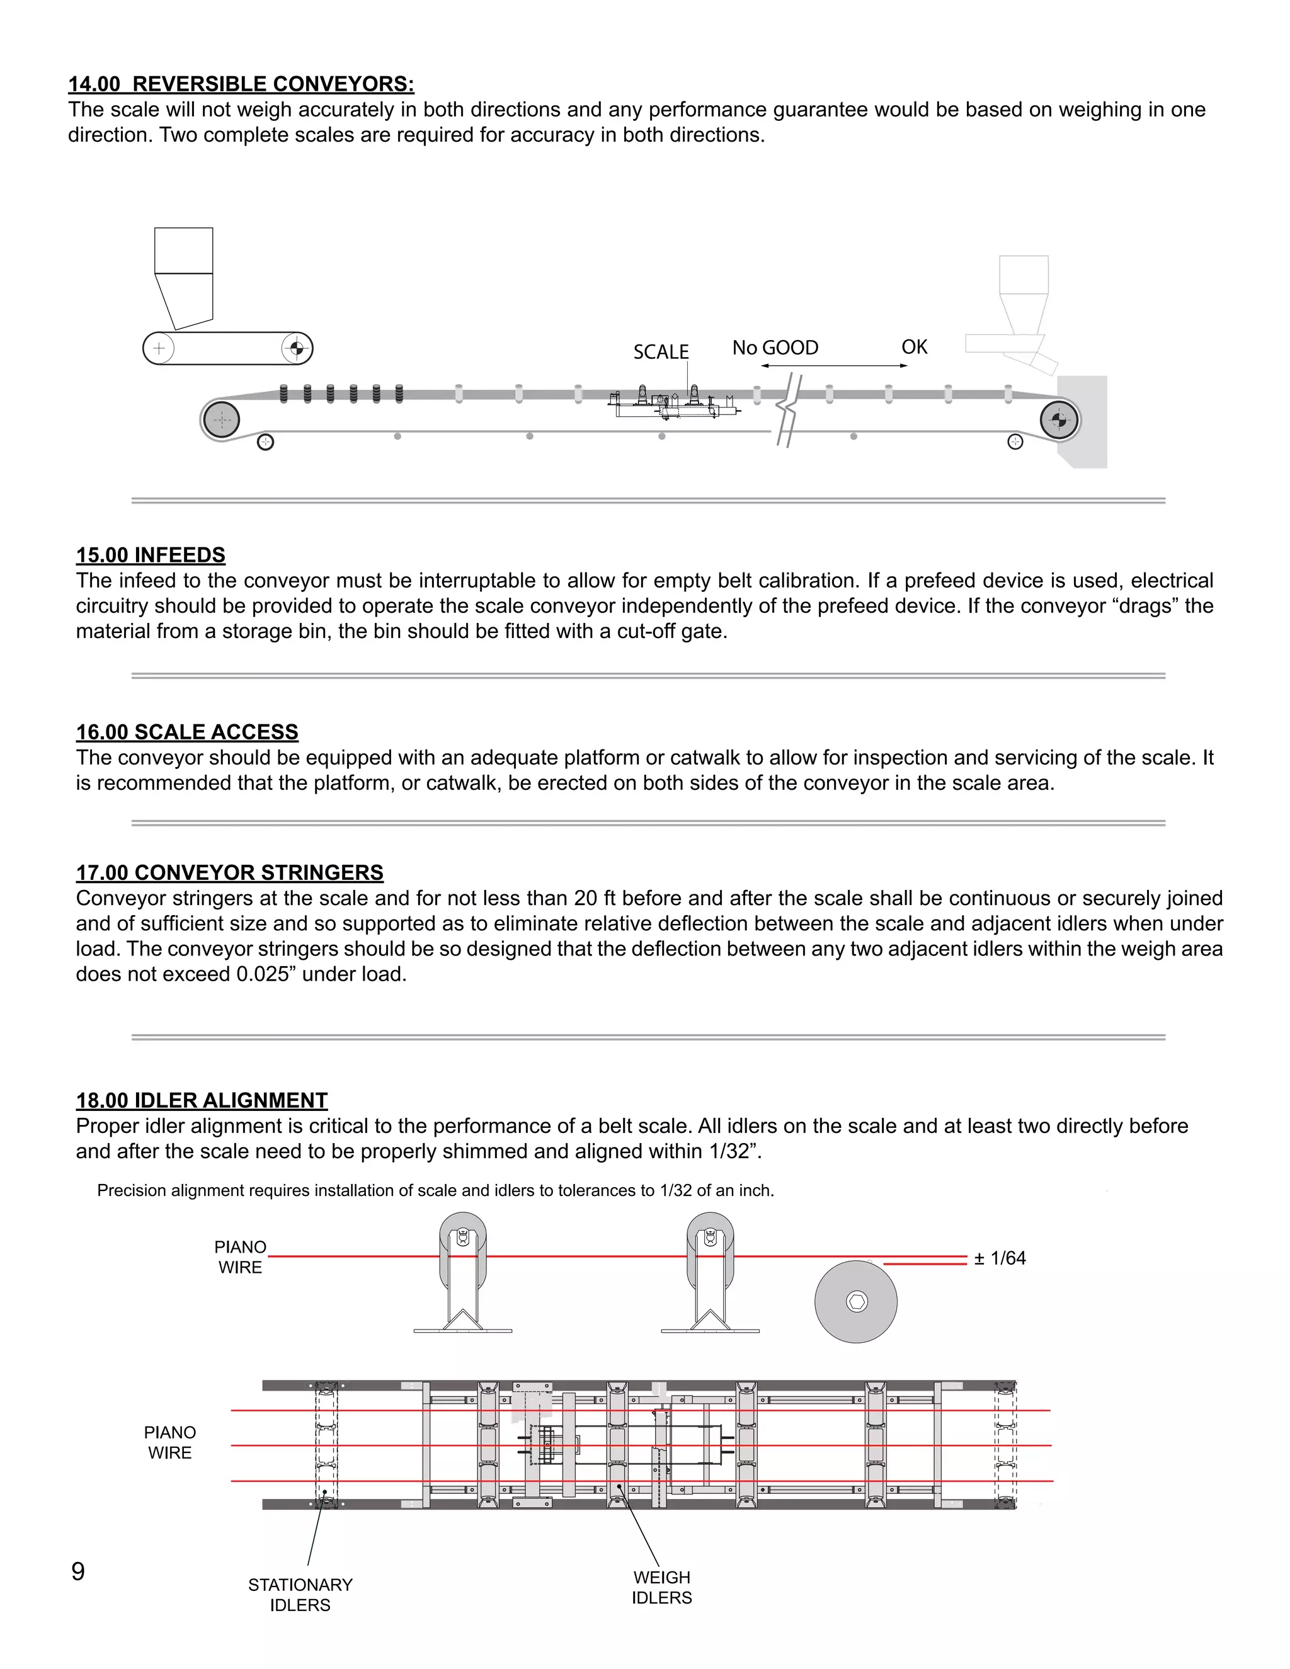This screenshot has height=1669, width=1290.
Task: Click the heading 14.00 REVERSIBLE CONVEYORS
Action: [241, 84]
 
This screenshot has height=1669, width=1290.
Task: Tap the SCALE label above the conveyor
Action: [660, 351]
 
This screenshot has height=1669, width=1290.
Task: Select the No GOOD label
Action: [774, 348]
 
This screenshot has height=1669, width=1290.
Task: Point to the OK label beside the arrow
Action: [914, 347]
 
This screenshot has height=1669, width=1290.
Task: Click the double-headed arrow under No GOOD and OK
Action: [834, 366]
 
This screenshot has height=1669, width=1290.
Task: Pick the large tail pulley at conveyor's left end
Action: [221, 419]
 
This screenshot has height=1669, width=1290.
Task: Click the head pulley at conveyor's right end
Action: [1058, 419]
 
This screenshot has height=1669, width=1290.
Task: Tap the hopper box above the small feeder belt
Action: [183, 251]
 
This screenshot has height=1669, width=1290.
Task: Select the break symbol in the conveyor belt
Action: [789, 411]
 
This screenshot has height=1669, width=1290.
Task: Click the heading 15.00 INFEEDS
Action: [151, 555]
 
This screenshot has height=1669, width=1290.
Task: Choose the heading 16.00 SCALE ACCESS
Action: [186, 732]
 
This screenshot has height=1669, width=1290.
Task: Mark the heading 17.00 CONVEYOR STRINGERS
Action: [229, 873]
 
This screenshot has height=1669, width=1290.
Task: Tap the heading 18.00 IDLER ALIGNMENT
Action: [202, 1100]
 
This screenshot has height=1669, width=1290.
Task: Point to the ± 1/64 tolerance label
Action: [1000, 1258]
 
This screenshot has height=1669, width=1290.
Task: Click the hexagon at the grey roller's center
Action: [856, 1301]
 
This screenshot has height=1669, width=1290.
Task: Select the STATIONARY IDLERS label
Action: [300, 1595]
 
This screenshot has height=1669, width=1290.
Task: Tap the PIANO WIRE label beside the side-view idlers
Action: [240, 1257]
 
